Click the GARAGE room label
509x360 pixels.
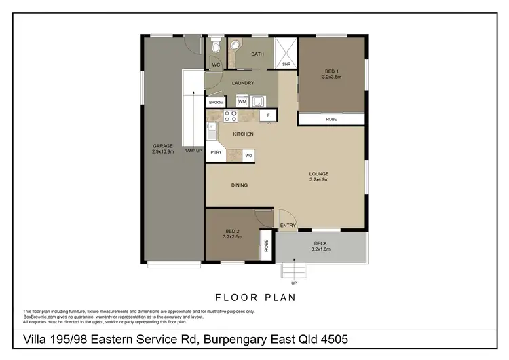[x=163, y=146]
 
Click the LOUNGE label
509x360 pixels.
[x=319, y=173]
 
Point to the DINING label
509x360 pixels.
[x=239, y=185]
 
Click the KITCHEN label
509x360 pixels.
[x=243, y=134]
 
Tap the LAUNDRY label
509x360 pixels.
[x=242, y=84]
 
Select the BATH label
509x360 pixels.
[x=257, y=54]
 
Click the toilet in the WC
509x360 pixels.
[x=216, y=47]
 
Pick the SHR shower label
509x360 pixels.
[x=286, y=65]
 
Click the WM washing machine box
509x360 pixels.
[x=242, y=101]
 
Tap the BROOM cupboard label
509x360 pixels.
[x=216, y=103]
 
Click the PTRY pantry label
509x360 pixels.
[x=216, y=152]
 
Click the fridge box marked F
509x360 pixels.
[x=269, y=116]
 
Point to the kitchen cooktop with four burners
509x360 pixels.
[x=230, y=115]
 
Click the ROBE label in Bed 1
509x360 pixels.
[x=331, y=120]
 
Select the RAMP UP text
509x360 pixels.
[x=194, y=151]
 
